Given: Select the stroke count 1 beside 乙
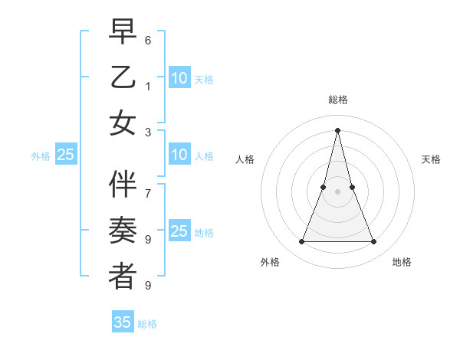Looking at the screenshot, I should coord(148,86).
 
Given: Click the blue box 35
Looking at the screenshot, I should coord(123,322).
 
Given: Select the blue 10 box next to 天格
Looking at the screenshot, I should coord(179,78).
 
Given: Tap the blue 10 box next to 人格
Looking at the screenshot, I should coord(179,155).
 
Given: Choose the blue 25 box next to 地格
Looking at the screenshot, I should coord(179,231).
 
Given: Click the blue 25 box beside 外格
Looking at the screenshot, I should coord(66,155).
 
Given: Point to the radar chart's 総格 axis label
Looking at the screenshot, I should coord(338,100).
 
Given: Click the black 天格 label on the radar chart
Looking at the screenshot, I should coord(431,159).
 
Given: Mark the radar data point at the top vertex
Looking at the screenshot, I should coord(338,129).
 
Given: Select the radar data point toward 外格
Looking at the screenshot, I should coord(301,242).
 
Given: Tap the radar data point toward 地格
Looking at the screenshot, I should coord(374,242).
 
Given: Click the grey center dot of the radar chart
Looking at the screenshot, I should coord(338,191).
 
